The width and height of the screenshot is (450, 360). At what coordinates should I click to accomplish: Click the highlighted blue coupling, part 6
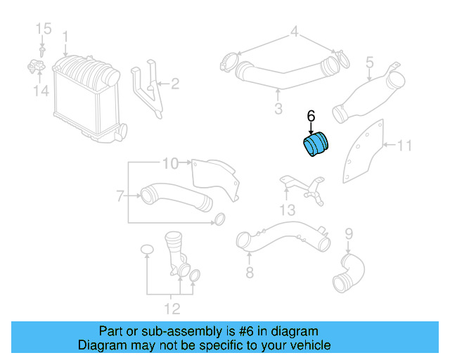(x=316, y=144)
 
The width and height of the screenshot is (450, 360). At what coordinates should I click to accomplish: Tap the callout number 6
(x=311, y=116)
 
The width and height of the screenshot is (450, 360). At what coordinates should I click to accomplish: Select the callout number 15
(x=44, y=29)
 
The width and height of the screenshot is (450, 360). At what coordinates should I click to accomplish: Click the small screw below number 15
(x=42, y=52)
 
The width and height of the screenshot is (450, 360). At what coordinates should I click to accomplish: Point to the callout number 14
(x=41, y=91)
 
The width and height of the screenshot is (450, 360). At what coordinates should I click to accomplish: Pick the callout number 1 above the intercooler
(x=65, y=37)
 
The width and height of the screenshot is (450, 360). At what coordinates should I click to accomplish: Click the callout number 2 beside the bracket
(x=175, y=84)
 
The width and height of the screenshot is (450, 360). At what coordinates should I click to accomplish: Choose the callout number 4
(x=295, y=32)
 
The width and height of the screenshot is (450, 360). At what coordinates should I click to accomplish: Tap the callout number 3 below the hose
(x=278, y=108)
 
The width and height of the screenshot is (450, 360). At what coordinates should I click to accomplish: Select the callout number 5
(x=370, y=63)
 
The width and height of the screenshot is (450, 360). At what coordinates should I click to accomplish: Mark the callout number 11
(x=404, y=146)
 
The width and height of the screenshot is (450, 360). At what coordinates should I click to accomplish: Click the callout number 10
(x=170, y=163)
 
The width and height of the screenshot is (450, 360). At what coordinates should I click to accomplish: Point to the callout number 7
(x=120, y=196)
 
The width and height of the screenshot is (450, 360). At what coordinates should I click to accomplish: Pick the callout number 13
(x=288, y=210)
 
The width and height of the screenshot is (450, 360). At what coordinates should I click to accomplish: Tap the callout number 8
(x=250, y=272)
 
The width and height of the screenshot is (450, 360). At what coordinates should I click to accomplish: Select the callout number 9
(x=349, y=234)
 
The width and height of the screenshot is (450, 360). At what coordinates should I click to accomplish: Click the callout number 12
(x=172, y=309)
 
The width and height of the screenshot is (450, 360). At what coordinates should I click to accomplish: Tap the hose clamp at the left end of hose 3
(x=229, y=62)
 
